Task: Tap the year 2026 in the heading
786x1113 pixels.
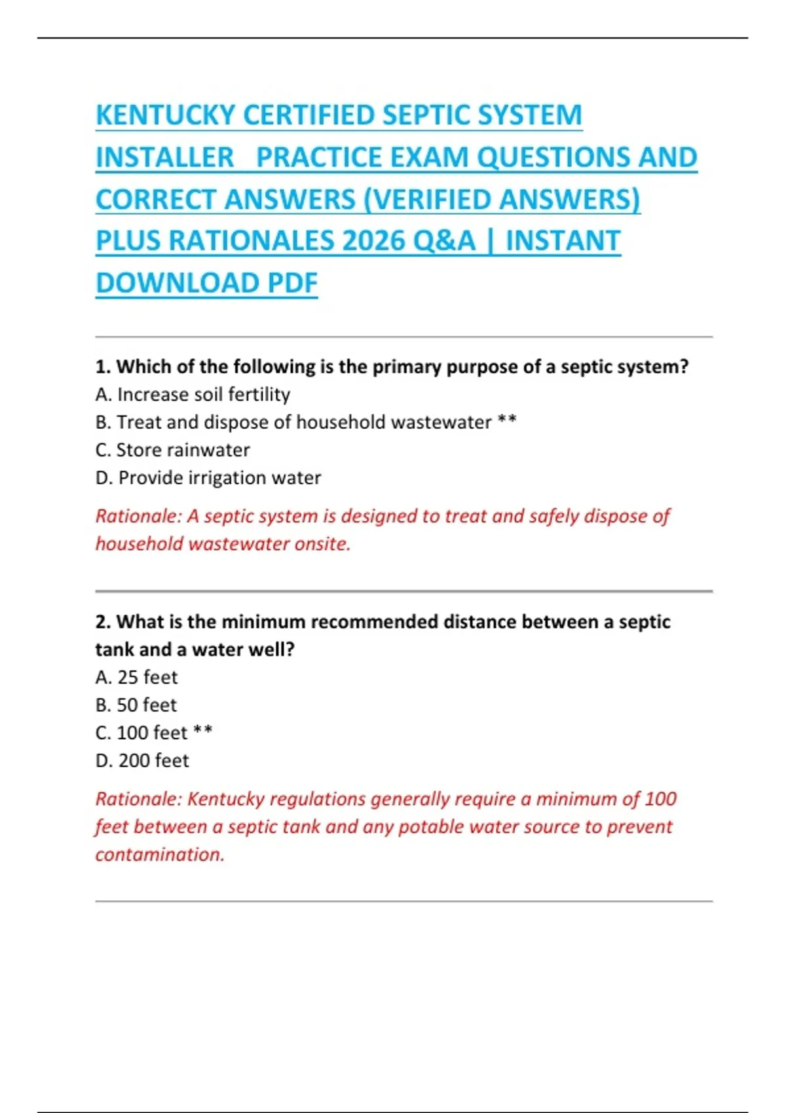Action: pos(373,241)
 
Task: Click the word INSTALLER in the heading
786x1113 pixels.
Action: pos(164,157)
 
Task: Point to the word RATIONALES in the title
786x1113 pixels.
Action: pos(252,241)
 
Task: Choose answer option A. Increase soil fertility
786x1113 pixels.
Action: pos(193,394)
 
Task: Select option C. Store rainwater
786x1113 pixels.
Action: pos(172,450)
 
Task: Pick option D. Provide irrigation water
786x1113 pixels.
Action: pos(208,478)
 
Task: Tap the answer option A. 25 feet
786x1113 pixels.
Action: pos(136,677)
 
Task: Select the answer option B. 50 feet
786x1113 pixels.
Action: pos(136,705)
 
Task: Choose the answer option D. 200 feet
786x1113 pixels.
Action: pos(141,761)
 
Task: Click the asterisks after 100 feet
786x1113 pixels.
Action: pos(203,731)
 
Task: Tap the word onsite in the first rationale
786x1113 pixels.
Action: pos(322,544)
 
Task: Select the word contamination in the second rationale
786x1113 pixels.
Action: pos(160,854)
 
